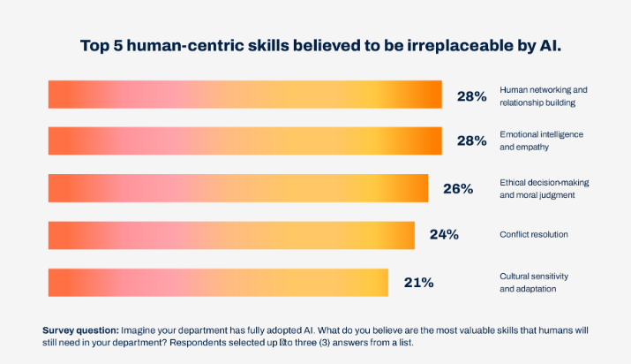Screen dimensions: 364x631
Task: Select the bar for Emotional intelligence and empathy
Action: pyautogui.click(x=244, y=141)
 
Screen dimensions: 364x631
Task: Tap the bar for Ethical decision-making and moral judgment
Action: pyautogui.click(x=237, y=188)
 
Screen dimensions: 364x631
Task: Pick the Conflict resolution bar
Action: pyautogui.click(x=231, y=235)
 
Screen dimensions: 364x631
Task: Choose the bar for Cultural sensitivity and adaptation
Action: pyautogui.click(x=218, y=282)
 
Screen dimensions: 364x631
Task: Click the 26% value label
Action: pyautogui.click(x=458, y=188)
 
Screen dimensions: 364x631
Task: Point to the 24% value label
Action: pyautogui.click(x=444, y=235)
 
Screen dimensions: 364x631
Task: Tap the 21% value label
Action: pyautogui.click(x=418, y=283)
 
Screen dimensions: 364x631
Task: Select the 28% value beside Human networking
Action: pyautogui.click(x=471, y=96)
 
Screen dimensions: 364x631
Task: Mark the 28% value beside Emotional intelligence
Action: pyautogui.click(x=471, y=141)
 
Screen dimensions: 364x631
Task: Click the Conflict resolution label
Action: pyautogui.click(x=534, y=235)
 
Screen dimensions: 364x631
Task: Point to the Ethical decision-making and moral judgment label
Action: pyautogui.click(x=544, y=188)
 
